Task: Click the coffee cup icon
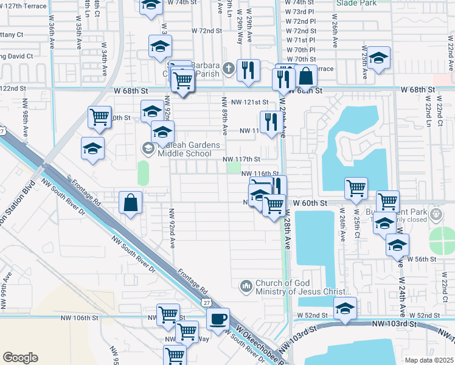[218, 318]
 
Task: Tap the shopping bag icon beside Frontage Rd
[131, 203]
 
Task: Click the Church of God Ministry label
[291, 287]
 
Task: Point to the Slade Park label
[356, 3]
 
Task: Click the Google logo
[20, 358]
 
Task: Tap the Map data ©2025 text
[429, 360]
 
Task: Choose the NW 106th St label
[79, 318]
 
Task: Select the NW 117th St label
[243, 159]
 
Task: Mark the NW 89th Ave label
[224, 116]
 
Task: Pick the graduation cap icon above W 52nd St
[345, 307]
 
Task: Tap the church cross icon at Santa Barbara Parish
[228, 67]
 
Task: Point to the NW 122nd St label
[15, 88]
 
